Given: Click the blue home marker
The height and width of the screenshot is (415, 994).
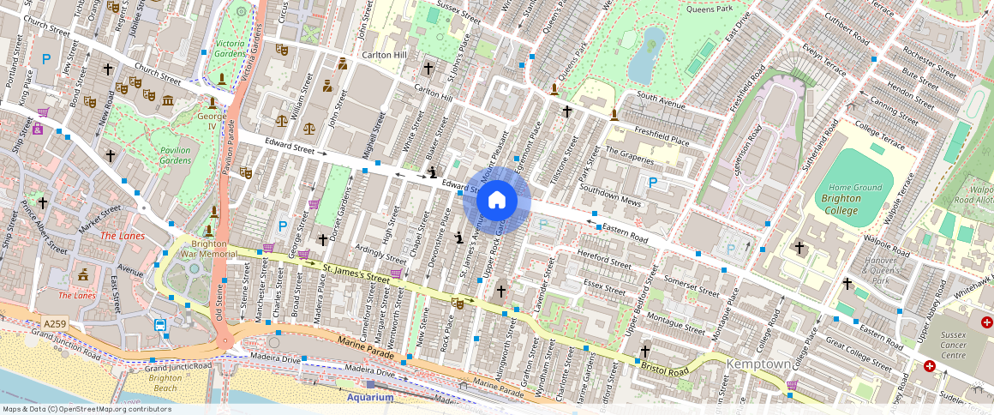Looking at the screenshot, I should [x=496, y=201].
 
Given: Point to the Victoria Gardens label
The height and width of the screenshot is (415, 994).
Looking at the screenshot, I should [x=230, y=48].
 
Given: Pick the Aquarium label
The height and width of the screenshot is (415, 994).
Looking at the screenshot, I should [x=369, y=397].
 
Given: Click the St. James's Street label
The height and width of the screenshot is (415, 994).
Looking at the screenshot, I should [x=356, y=274].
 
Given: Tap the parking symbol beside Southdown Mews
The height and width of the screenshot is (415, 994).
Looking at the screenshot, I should [x=653, y=182].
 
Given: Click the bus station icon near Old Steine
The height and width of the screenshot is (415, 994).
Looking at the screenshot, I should [x=160, y=325].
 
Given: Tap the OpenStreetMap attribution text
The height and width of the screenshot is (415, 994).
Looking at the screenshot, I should [x=86, y=409].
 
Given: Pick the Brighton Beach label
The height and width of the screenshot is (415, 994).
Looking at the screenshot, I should [x=165, y=382].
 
